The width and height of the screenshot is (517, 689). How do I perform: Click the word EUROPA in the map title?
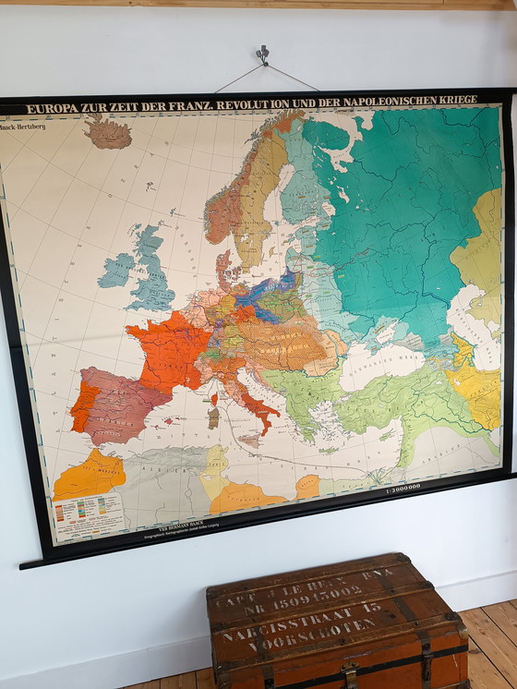pyautogui.click(x=54, y=108)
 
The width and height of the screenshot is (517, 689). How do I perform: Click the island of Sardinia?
pyautogui.click(x=213, y=417)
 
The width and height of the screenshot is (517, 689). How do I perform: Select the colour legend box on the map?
pyautogui.click(x=88, y=514)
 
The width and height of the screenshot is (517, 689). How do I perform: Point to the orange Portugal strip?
pyautogui.click(x=80, y=407)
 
